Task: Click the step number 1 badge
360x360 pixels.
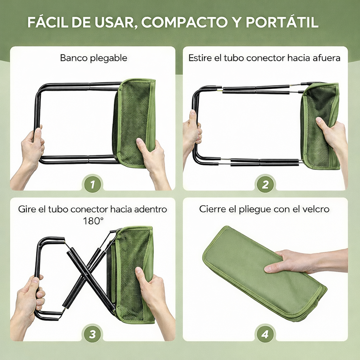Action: tap(92, 184)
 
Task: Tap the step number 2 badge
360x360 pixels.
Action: tap(265, 184)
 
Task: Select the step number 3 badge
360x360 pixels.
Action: tap(92, 334)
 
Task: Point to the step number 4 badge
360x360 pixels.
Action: tap(265, 334)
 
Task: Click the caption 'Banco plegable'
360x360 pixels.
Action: tap(94, 58)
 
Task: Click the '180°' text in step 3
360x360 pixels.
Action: tap(94, 221)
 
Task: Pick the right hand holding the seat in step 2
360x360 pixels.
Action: tap(332, 137)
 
